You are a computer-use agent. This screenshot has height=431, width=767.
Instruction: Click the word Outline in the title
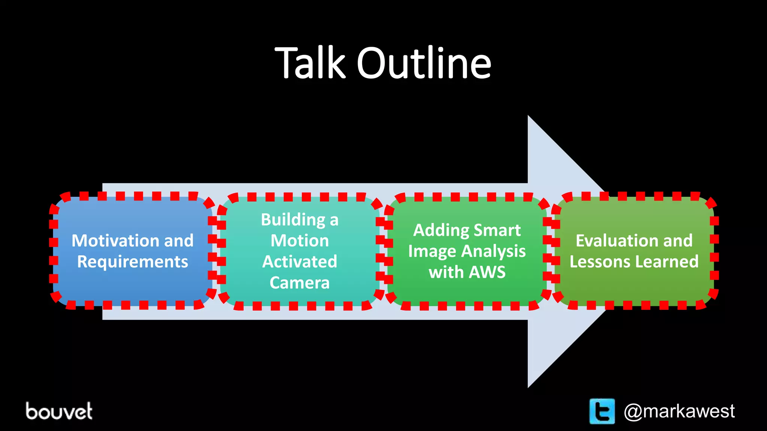click(424, 64)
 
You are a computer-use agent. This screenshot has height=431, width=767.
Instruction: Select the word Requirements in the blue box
click(133, 262)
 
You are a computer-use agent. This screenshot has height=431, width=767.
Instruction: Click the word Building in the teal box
click(293, 220)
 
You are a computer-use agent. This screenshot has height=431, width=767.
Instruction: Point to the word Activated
click(300, 262)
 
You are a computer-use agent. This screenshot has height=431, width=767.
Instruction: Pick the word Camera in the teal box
click(300, 283)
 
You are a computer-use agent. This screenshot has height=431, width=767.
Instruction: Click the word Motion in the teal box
click(300, 241)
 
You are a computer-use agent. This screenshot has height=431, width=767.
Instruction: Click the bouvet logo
click(59, 411)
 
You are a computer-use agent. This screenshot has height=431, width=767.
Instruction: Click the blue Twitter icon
click(602, 411)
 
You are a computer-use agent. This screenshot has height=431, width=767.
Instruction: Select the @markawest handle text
click(679, 411)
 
